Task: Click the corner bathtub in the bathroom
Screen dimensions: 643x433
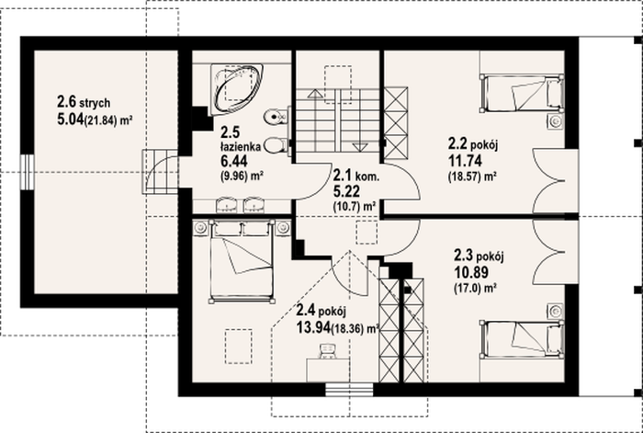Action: point(237,89)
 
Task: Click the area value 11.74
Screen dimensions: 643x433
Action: point(465,161)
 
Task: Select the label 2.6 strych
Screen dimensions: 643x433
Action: point(84,102)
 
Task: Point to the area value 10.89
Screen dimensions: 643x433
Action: point(470,272)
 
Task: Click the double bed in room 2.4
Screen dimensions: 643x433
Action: point(242,261)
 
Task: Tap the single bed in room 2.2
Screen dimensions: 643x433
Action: point(521,93)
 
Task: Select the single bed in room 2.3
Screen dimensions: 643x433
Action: point(522,339)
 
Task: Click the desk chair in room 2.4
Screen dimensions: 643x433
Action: point(328,351)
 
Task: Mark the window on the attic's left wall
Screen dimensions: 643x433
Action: point(27,172)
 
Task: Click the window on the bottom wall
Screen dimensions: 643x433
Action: point(349,390)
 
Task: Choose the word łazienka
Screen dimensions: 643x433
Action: point(241,146)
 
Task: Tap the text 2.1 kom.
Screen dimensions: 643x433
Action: point(356,177)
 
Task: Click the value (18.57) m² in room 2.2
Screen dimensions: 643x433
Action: point(472,177)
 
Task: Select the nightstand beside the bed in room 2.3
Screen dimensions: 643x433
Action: point(555,311)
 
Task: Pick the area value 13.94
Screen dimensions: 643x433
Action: point(313,327)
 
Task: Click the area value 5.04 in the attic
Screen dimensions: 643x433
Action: point(70,119)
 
